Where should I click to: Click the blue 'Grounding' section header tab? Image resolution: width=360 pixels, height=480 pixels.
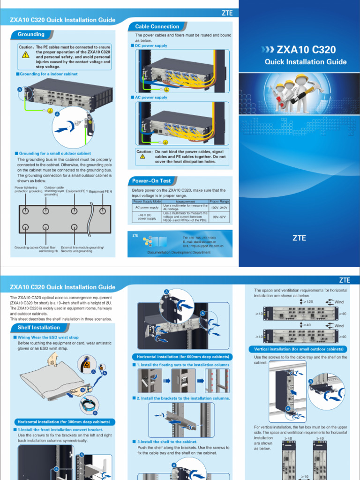31,34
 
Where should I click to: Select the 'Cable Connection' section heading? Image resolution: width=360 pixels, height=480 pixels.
157,27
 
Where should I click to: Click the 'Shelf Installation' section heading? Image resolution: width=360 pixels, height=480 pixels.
38,327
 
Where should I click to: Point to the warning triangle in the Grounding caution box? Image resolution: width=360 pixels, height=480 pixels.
25,55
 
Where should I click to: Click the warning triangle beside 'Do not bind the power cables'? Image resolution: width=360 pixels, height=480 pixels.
142,157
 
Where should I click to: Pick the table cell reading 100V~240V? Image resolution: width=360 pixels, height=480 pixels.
219,207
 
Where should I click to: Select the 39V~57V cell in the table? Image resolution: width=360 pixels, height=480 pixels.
219,217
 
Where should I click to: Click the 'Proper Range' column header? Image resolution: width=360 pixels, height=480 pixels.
219,202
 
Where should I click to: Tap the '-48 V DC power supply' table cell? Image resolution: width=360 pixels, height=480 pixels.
147,217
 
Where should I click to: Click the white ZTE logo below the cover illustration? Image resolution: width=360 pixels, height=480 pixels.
299,238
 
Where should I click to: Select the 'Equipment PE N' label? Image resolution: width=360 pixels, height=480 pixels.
101,191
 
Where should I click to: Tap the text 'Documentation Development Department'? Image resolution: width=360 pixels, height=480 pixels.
179,252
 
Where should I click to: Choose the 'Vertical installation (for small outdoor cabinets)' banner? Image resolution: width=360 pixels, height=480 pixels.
299,349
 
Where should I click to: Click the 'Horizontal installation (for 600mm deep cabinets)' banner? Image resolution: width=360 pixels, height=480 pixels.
180,357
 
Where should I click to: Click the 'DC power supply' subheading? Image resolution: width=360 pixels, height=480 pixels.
151,46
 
